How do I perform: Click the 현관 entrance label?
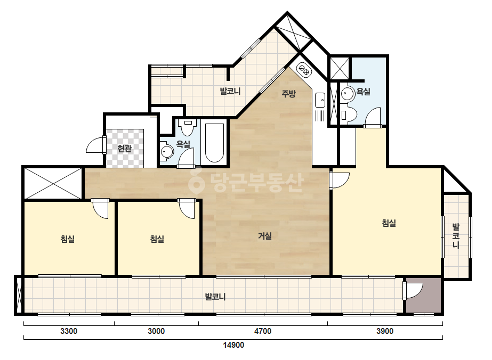tap(124, 149)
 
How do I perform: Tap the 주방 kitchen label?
tap(288, 93)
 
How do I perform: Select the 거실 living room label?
tap(265, 236)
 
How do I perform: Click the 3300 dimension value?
tap(69, 331)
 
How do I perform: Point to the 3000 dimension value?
tap(156, 331)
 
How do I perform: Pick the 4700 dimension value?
tap(263, 331)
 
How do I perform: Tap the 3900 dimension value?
tap(385, 331)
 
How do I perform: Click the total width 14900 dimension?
tap(233, 345)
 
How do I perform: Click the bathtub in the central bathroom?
tap(214, 143)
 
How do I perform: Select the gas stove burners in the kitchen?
tap(304, 70)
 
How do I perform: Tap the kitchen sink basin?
tap(320, 100)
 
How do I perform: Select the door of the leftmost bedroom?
tap(100, 209)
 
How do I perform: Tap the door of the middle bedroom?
tap(187, 209)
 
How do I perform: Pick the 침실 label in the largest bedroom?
tap(389, 223)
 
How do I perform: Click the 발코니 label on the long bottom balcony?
tap(215, 296)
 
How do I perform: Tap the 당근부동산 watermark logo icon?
tap(196, 181)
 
